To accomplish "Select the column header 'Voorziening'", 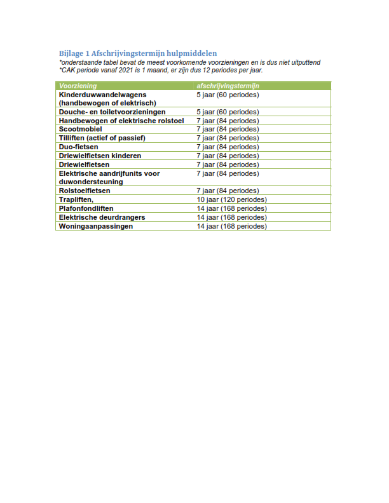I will click(x=78, y=85).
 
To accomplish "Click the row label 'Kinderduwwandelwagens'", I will click(x=102, y=94).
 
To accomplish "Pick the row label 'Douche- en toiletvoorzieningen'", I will click(x=112, y=111).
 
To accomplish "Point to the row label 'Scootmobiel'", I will click(x=80, y=129).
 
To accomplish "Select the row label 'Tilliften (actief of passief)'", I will click(x=102, y=138).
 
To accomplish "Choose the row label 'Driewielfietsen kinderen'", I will click(x=100, y=156).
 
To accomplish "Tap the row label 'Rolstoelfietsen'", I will click(x=85, y=191).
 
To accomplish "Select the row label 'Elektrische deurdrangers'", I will click(x=102, y=217).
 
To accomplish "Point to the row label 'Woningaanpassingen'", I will click(x=96, y=226).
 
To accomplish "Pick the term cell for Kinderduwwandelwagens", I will click(x=228, y=94).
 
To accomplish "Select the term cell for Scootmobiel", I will click(x=228, y=129).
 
